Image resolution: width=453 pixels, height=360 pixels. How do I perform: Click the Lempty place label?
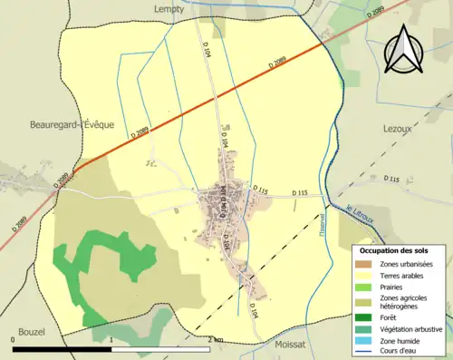[x=169, y=8]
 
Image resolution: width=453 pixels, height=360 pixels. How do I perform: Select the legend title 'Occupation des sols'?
[x=394, y=250]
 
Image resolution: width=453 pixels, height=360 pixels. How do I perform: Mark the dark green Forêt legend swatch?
[x=364, y=318]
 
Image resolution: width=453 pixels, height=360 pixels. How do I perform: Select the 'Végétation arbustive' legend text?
[x=411, y=329]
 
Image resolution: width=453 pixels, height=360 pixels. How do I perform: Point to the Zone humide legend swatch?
[x=364, y=341]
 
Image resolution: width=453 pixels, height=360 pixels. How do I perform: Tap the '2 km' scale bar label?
[x=214, y=339]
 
